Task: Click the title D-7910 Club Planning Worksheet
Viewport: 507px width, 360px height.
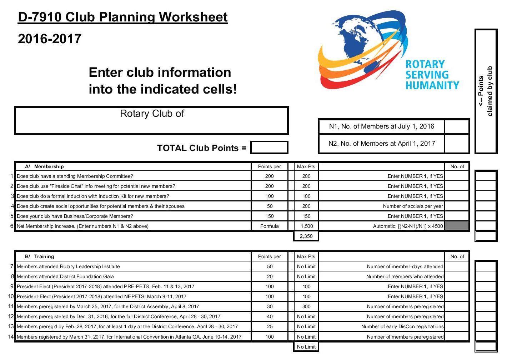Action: pyautogui.click(x=122, y=17)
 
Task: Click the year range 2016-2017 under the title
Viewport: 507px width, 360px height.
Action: pyautogui.click(x=50, y=39)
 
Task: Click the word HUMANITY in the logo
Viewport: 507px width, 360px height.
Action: pyautogui.click(x=432, y=85)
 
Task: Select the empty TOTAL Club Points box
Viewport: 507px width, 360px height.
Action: pyautogui.click(x=269, y=147)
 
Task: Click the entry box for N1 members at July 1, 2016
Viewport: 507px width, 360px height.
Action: pyautogui.click(x=457, y=126)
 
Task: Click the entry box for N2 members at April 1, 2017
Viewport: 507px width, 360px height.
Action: pyautogui.click(x=457, y=144)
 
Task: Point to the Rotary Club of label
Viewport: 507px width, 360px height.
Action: pyautogui.click(x=152, y=114)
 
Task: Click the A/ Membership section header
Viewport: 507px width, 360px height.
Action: pyautogui.click(x=45, y=166)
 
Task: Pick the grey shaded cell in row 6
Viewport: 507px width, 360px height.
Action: pyautogui.click(x=457, y=226)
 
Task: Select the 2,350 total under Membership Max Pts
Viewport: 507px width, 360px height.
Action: pyautogui.click(x=306, y=236)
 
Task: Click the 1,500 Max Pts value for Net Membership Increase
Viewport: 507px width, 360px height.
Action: pyautogui.click(x=306, y=226)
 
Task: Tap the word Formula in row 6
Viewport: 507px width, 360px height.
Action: pyautogui.click(x=269, y=226)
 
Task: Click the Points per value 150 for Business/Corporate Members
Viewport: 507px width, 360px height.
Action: pyautogui.click(x=269, y=216)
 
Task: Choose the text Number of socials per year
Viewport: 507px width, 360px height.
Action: pyautogui.click(x=413, y=206)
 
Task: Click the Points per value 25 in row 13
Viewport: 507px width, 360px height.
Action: pyautogui.click(x=269, y=326)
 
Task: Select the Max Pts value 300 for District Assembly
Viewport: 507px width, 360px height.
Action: pyautogui.click(x=306, y=306)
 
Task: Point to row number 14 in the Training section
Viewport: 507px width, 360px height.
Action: pyautogui.click(x=11, y=336)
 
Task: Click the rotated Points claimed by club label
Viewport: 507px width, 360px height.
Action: pyautogui.click(x=486, y=91)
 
